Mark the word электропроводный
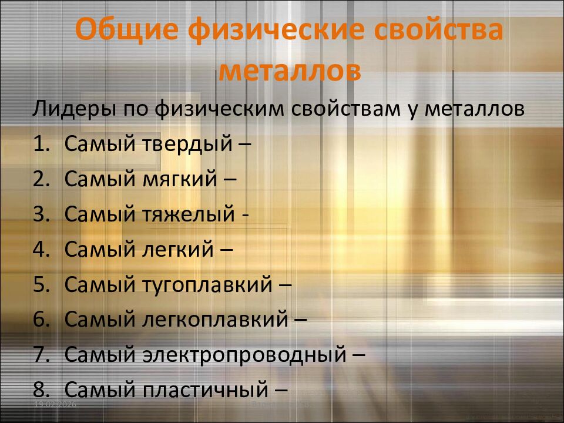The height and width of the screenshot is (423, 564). coord(245,354)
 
